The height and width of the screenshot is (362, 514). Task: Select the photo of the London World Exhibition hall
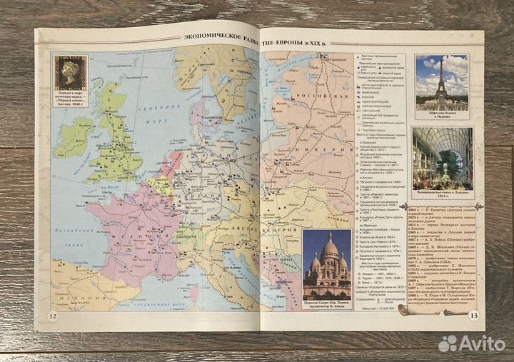[442, 158]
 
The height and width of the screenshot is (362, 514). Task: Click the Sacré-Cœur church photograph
[327, 264]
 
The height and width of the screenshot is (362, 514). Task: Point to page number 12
[53, 317]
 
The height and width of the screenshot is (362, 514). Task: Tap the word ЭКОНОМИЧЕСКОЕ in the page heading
[211, 41]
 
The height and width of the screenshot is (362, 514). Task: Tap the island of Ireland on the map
[74, 136]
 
